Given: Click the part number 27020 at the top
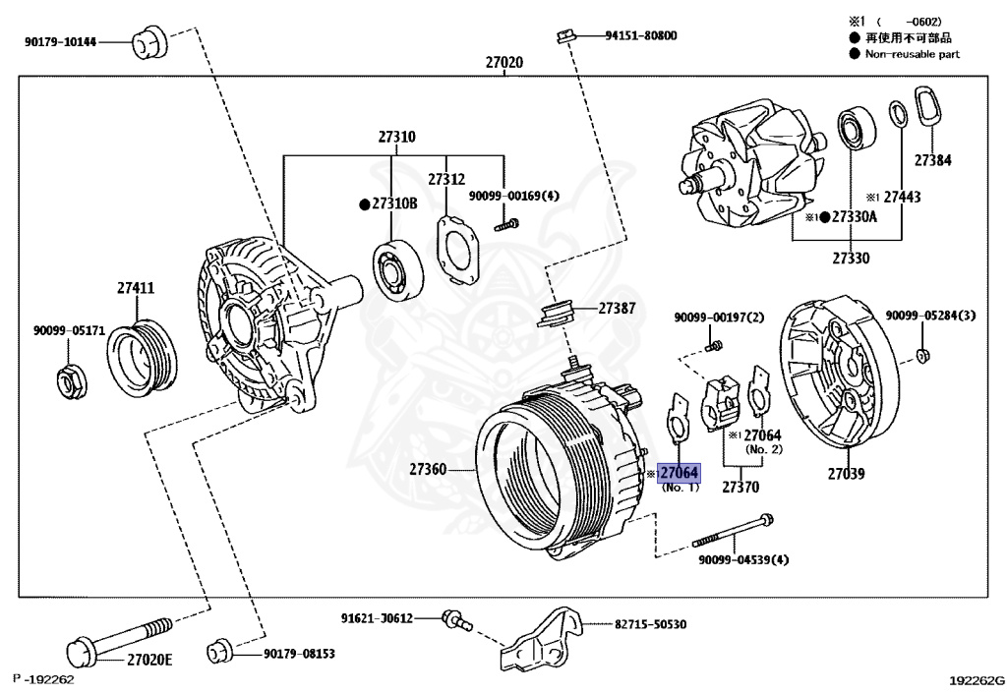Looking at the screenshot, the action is click(504, 62).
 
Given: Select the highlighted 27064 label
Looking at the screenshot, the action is click(679, 473).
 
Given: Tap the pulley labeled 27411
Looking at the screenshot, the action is click(142, 358).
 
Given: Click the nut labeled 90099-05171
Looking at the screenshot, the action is click(70, 380).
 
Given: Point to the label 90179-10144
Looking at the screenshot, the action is click(60, 42).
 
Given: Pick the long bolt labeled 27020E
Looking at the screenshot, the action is click(120, 640).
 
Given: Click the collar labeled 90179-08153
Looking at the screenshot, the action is click(219, 652).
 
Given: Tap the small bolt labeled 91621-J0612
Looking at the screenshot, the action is click(456, 620).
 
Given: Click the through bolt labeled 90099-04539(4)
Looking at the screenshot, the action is click(732, 531).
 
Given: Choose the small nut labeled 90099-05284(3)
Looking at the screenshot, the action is click(921, 355).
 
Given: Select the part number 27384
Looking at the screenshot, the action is click(932, 160).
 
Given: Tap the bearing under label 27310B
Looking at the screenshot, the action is click(397, 269).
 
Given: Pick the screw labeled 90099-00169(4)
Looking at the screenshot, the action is click(506, 224).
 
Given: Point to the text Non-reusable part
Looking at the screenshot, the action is click(912, 54).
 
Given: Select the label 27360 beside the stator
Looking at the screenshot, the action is click(428, 470).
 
